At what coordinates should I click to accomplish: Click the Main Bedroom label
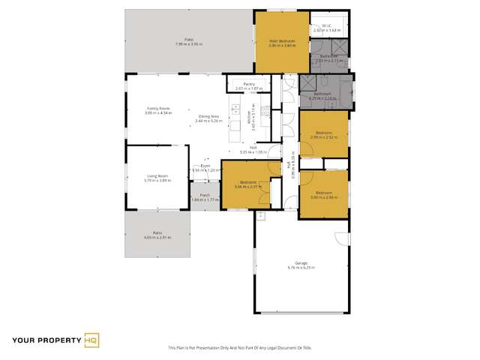(281, 40)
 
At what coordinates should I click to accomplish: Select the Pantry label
(241, 85)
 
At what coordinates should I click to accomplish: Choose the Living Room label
(157, 177)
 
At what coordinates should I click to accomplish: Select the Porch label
(202, 196)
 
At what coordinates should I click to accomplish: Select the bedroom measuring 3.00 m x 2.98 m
(323, 193)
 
